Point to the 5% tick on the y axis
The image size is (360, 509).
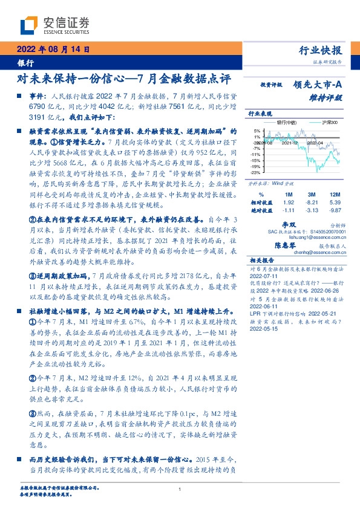click(x=257, y=130)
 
